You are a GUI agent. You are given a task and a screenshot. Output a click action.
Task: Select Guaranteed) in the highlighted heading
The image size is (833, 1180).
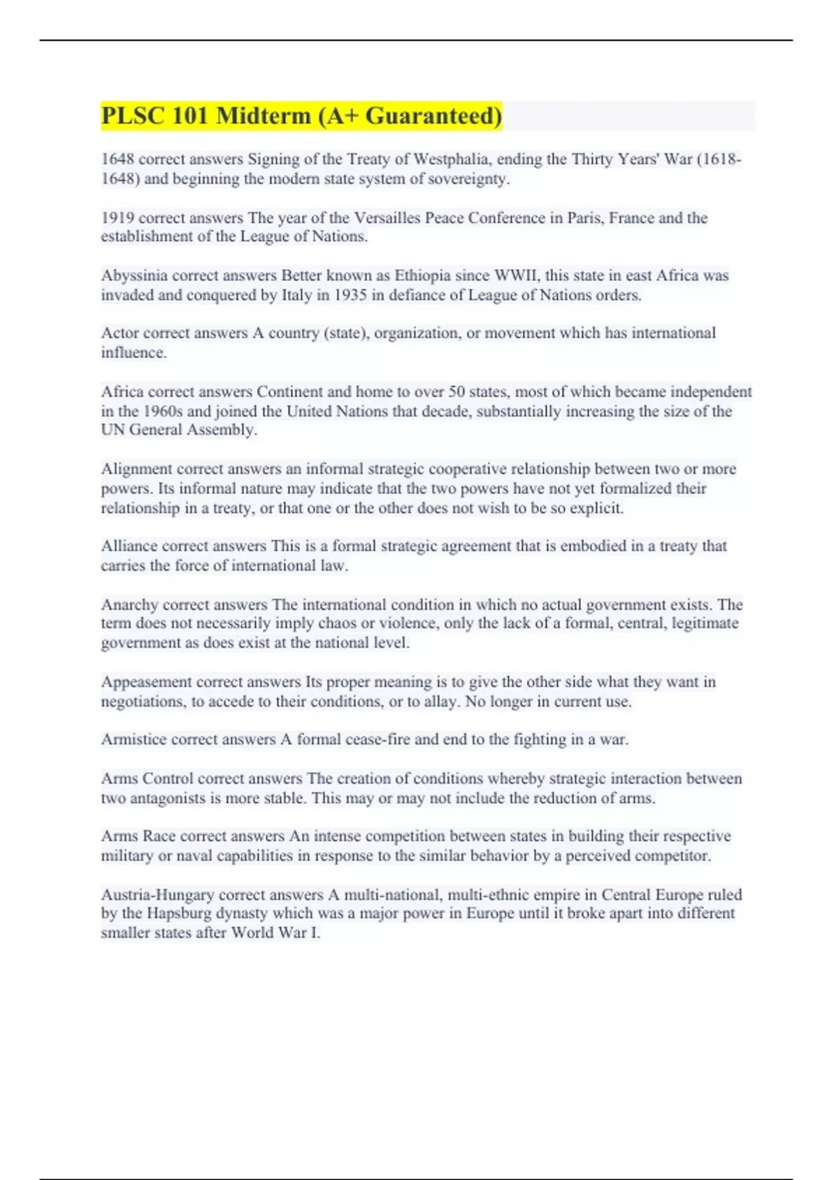coord(433,116)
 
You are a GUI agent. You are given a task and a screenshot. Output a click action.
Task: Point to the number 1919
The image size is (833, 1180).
coord(117,218)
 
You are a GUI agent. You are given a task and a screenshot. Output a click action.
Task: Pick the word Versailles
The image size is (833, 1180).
coord(387,218)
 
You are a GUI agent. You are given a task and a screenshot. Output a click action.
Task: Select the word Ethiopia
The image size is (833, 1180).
coord(423,276)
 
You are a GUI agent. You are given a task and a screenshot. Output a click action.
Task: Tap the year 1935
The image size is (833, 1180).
coord(351,295)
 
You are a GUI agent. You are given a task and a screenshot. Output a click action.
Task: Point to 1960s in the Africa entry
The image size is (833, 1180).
coord(162,411)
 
